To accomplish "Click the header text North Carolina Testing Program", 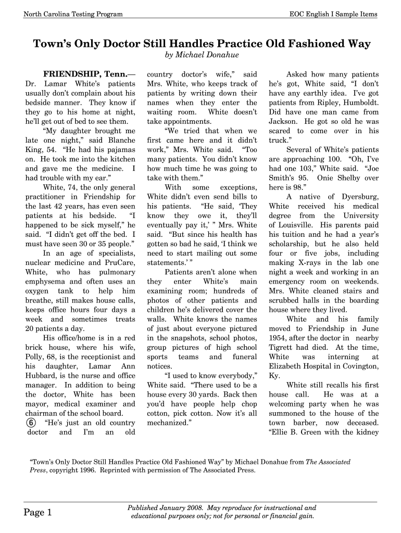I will click(73, 14).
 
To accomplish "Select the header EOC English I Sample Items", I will click(333, 14).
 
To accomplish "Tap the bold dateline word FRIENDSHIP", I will click(72, 74).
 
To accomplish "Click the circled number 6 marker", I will click(30, 423).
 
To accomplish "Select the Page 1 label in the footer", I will click(38, 513).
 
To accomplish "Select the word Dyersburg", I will click(359, 197).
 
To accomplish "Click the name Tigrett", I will click(283, 348).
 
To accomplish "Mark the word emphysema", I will click(45, 281).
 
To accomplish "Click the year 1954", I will click(278, 338).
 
